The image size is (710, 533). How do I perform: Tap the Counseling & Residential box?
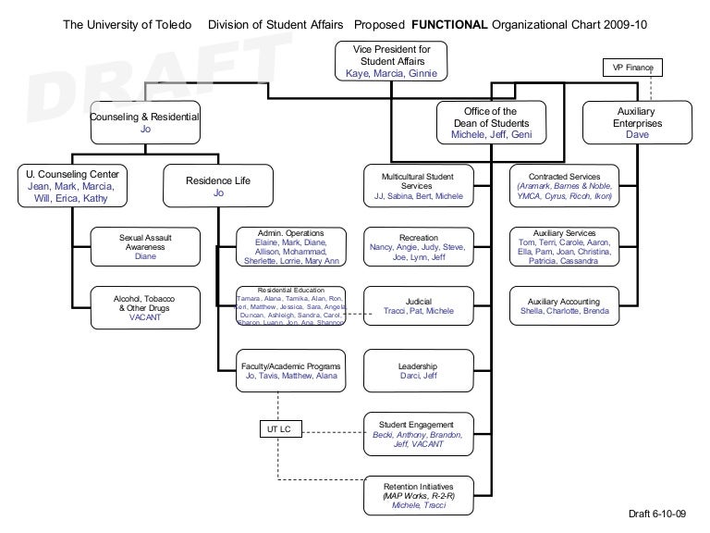point(145,123)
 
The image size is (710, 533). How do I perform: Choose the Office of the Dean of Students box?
point(491,123)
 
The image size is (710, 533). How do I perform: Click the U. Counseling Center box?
point(73,185)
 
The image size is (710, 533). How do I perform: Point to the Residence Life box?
point(219,185)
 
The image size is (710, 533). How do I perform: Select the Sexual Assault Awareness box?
point(145,247)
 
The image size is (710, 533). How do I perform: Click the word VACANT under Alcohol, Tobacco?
point(145,317)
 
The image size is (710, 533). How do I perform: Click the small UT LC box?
point(278,430)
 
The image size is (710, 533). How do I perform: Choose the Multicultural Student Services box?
point(418,185)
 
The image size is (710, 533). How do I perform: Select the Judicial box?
point(418,306)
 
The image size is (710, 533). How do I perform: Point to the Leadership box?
point(418,370)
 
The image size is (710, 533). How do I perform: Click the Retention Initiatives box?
point(418,495)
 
